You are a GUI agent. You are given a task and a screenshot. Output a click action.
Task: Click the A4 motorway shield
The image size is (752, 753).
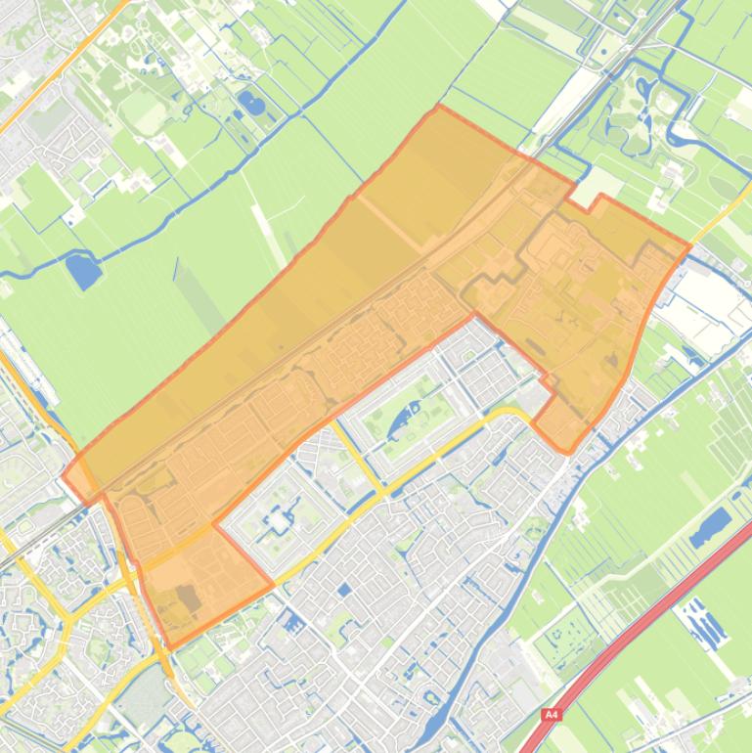click(x=552, y=715)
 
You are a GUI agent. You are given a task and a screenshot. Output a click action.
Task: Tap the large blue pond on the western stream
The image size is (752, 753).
click(x=84, y=270)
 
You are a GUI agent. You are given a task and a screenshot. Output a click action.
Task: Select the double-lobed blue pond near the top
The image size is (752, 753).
click(x=250, y=102)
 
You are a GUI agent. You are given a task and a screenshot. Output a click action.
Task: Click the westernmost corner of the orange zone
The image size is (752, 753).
click(x=65, y=478)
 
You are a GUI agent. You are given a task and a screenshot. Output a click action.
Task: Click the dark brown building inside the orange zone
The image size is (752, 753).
click(x=187, y=598)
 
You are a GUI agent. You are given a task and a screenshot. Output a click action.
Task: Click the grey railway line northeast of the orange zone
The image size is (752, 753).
click(x=626, y=68)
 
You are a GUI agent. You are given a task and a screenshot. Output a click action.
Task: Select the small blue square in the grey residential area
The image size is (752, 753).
click(x=344, y=590)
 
